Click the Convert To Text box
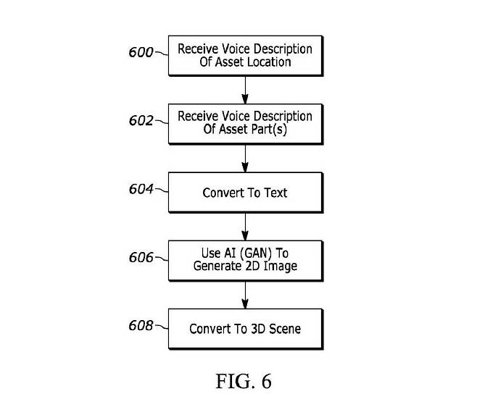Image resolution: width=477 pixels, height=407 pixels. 245,193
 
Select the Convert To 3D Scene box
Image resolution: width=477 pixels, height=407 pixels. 245,329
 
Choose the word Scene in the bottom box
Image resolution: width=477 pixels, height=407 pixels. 283,329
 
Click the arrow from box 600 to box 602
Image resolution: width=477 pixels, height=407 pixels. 245,89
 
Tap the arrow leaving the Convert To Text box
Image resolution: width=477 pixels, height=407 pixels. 245,226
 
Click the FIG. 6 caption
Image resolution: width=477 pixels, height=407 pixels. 244,381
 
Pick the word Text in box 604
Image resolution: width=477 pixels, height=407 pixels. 275,193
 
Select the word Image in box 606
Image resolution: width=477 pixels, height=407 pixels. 281,266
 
